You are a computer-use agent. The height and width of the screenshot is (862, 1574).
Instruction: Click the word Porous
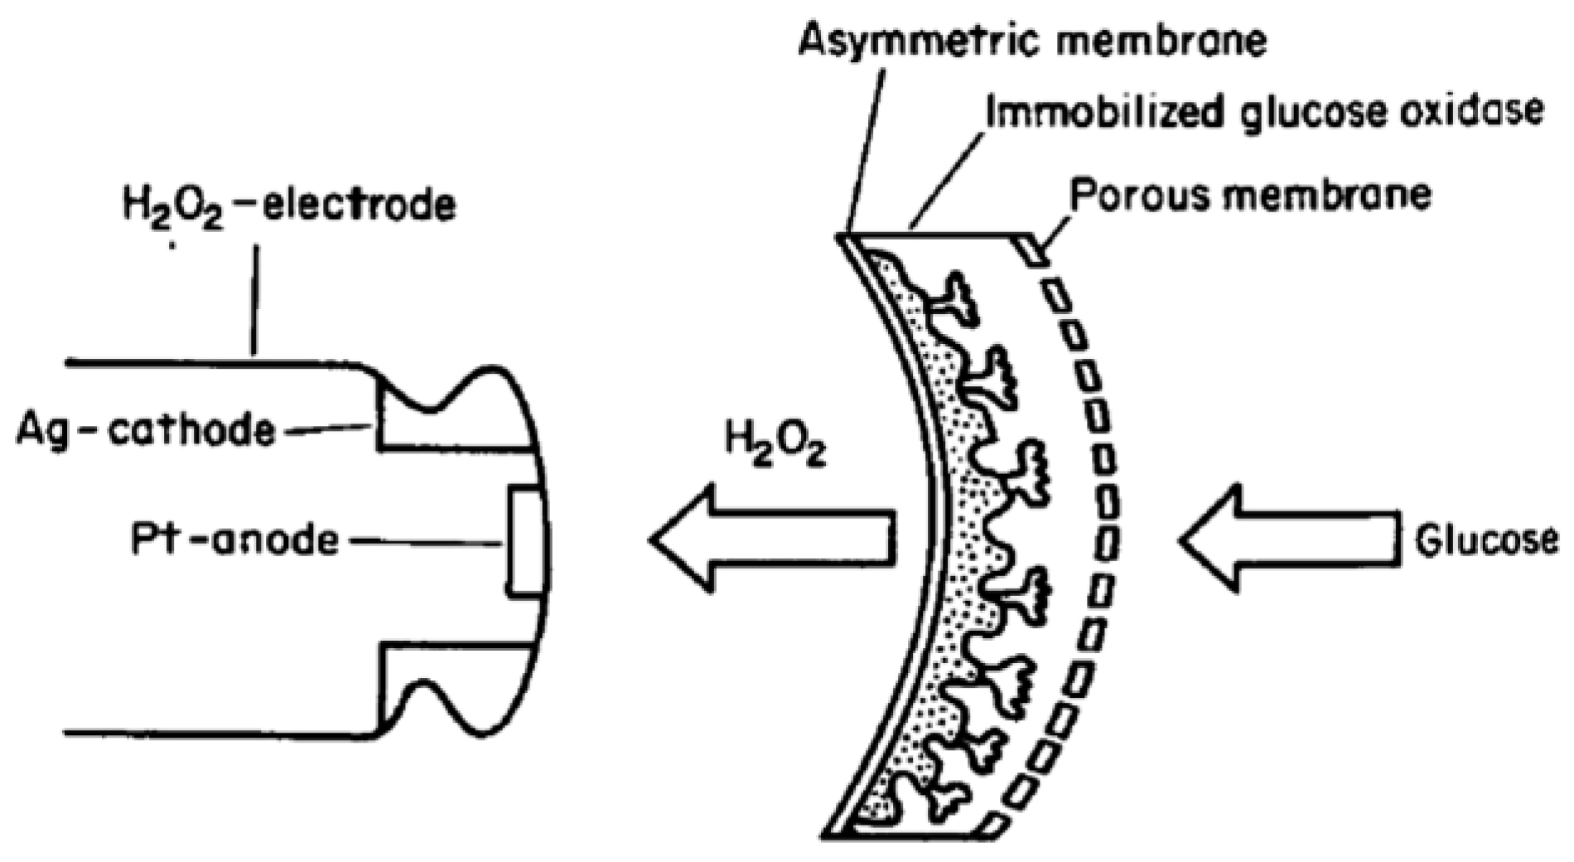coord(1139,196)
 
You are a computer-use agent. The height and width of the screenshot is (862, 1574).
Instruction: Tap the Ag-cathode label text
coord(146,430)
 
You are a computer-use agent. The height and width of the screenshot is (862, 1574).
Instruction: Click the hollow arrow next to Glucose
coord(1288,539)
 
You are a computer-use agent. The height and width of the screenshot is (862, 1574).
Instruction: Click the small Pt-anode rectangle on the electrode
coord(524,543)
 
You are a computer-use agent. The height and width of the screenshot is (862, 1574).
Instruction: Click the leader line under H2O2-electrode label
coord(255,298)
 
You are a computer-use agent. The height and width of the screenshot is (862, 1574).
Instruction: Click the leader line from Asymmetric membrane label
coord(866,149)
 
